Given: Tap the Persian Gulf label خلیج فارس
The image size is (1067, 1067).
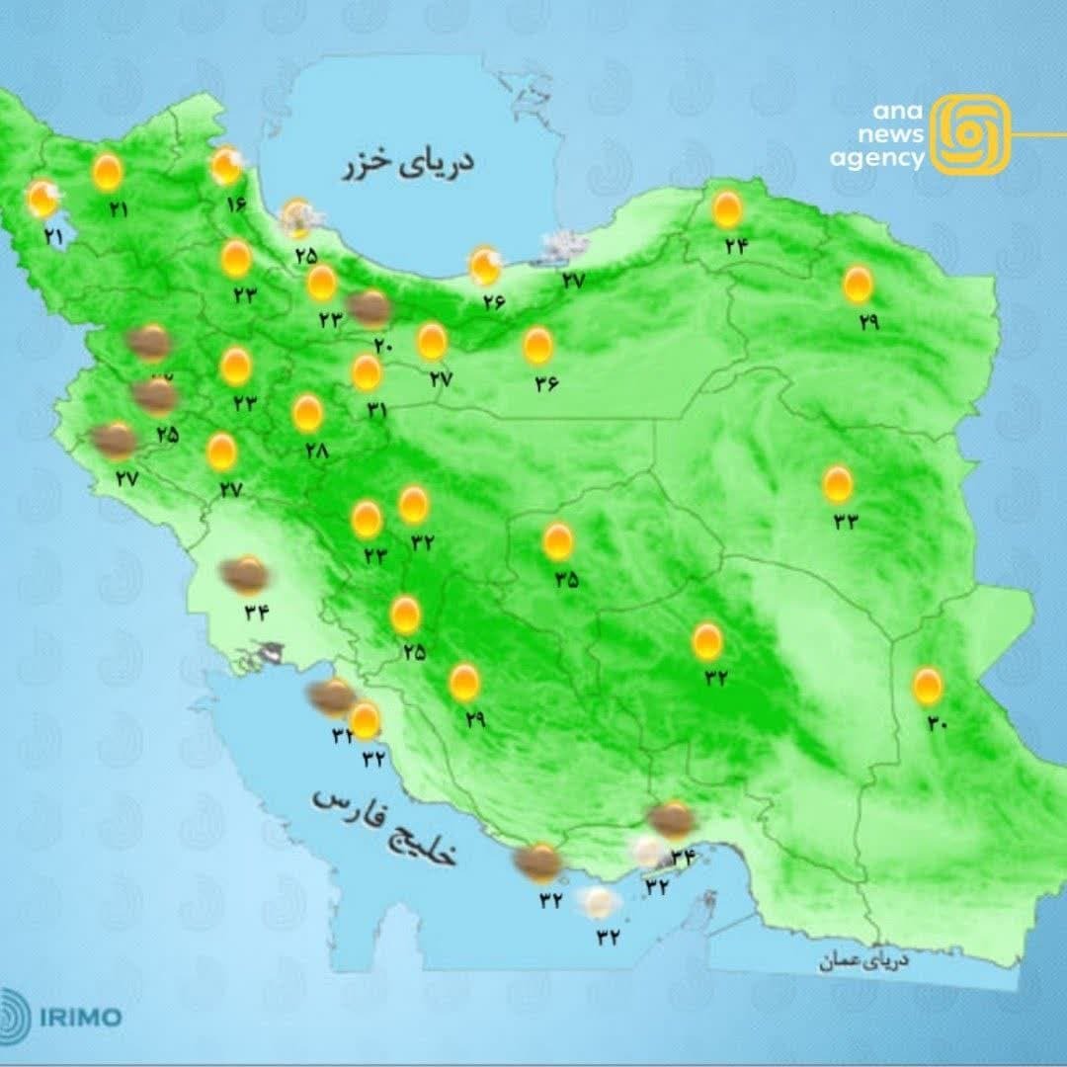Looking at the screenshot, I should (387, 828).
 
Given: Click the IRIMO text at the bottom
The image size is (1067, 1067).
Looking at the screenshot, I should (81, 1017).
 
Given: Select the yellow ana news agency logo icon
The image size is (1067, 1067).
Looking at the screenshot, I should (971, 134).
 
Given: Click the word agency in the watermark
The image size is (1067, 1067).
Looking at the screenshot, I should (876, 158).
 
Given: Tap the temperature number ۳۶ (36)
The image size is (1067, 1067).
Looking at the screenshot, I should (545, 383).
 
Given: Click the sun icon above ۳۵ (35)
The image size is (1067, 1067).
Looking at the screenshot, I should (558, 541).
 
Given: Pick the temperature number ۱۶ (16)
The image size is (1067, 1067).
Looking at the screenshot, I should (235, 205).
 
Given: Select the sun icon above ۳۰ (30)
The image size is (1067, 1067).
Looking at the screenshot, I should (927, 686).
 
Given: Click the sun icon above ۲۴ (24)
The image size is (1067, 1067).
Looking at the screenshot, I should (728, 209).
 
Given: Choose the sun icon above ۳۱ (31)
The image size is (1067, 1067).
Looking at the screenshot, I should (367, 372).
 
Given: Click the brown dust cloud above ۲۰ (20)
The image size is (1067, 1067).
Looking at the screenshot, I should (370, 308).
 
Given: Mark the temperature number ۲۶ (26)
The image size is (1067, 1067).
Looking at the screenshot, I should (493, 302).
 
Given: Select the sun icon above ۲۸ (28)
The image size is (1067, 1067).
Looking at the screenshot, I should (307, 414).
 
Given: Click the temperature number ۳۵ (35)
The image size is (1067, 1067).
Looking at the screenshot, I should (565, 580).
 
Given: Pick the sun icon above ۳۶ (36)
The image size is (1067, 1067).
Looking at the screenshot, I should (537, 345).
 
